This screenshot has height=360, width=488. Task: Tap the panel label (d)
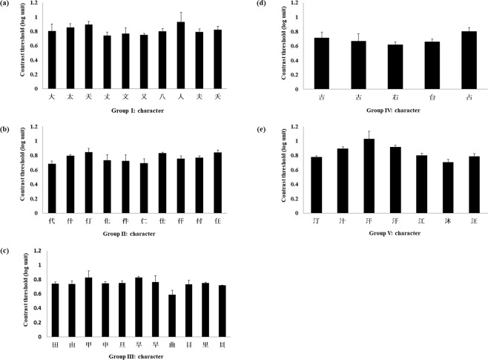tap(261, 4)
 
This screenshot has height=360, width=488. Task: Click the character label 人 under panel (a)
tap(181, 96)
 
